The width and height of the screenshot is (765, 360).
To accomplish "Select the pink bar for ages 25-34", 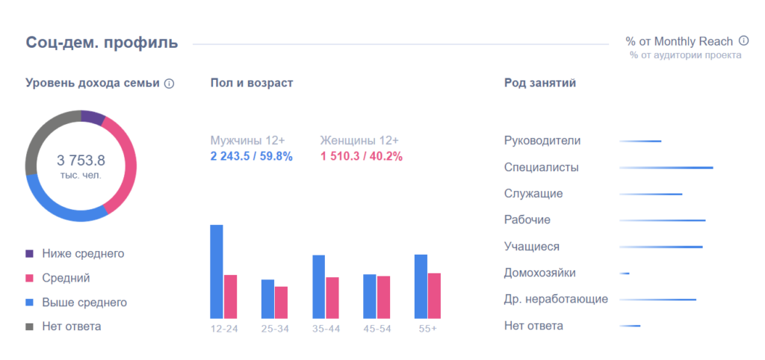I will (x=281, y=302).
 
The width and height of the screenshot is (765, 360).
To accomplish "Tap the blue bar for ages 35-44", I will (x=318, y=287).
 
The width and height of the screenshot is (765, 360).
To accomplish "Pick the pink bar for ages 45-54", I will (x=383, y=297).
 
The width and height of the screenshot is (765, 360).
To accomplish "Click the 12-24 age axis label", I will (x=223, y=329).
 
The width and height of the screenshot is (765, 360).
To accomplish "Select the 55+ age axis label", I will (x=427, y=329).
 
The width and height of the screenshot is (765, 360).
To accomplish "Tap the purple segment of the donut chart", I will (x=93, y=117).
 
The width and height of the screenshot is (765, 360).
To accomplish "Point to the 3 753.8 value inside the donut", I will (x=81, y=160).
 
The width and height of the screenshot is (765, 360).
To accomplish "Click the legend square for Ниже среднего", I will (x=30, y=254).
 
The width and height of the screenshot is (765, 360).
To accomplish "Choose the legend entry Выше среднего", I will (x=84, y=302).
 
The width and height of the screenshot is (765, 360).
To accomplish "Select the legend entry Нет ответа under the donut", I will (x=71, y=326).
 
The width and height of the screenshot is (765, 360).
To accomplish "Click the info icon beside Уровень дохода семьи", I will (x=169, y=84).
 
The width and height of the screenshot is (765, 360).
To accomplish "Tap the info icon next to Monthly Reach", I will (x=743, y=41).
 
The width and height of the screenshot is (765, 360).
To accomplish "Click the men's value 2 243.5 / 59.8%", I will (x=251, y=156).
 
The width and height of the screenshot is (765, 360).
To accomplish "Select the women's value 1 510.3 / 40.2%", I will (x=361, y=156).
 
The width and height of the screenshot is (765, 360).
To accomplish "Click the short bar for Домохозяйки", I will (x=625, y=273).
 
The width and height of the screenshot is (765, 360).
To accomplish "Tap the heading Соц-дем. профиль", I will (x=102, y=42).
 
